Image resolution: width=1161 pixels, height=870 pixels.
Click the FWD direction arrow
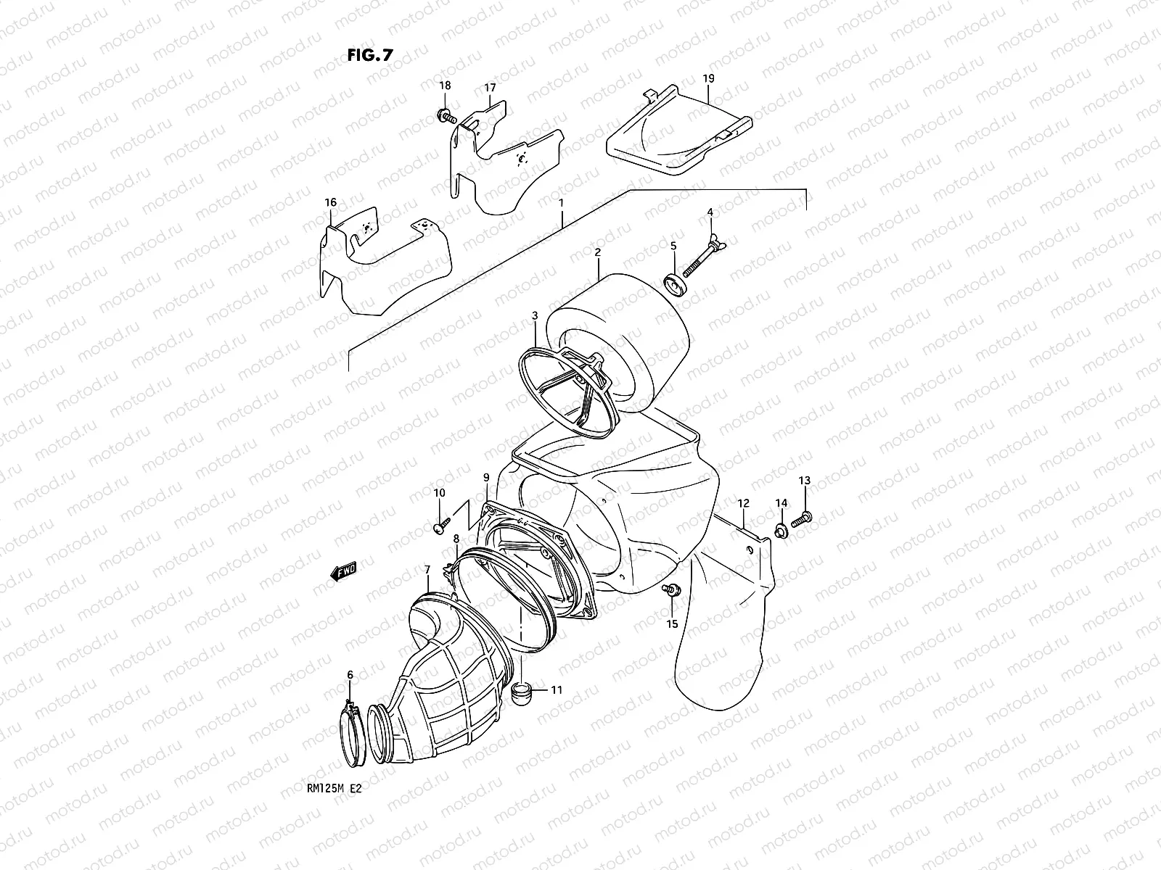point(343,571)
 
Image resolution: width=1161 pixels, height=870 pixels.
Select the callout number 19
point(708,78)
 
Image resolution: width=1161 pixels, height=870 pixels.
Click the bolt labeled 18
point(444,115)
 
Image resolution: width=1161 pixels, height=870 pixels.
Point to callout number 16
point(331,202)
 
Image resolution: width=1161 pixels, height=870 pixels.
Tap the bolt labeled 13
point(803,518)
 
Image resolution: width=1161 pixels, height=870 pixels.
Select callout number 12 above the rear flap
point(743,502)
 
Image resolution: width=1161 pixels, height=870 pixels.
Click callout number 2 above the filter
point(597,252)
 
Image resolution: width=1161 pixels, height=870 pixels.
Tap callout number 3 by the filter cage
point(535,315)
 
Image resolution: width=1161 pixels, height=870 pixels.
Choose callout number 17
point(490,88)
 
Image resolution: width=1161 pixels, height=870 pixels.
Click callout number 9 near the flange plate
point(485,477)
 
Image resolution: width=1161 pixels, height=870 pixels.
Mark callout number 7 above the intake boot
point(427,570)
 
